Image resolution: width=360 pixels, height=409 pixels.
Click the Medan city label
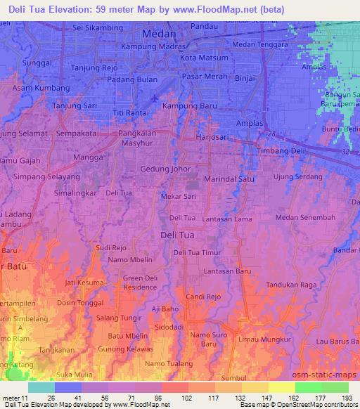point(160,33)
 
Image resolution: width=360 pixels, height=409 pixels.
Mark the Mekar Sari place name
point(179,197)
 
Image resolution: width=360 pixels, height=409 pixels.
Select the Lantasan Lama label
point(227,220)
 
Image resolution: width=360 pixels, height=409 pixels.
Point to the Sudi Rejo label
point(110,247)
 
